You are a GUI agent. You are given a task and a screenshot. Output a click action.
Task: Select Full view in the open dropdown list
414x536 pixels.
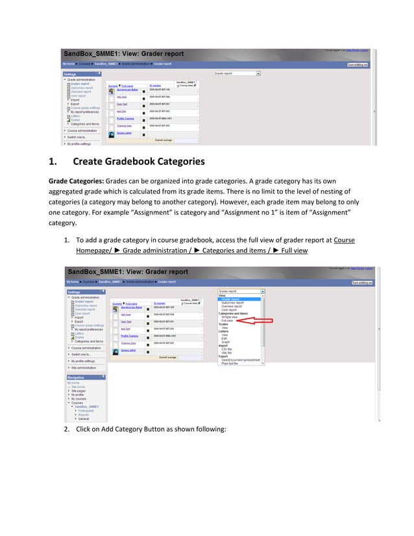tap(227, 321)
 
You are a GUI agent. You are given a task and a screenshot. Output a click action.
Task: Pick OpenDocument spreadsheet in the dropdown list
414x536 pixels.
tap(241, 359)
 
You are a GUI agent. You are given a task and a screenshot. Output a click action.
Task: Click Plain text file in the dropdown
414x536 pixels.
tap(230, 363)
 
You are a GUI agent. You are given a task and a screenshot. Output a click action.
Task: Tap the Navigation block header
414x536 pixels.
tap(77, 376)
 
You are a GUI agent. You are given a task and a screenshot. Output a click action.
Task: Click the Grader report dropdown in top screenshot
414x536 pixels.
tap(237, 73)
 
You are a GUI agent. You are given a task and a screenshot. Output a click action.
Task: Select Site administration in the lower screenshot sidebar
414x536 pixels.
tap(85, 367)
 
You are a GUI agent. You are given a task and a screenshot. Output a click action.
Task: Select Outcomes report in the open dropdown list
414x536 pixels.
tap(233, 302)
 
